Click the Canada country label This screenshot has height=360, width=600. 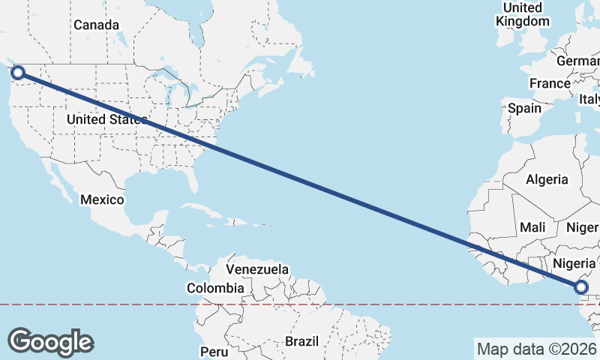(x=96, y=25)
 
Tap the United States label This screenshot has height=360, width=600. (x=106, y=119)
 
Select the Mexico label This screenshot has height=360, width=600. (x=102, y=199)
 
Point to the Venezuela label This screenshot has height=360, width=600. (x=257, y=268)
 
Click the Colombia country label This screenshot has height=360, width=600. (x=215, y=288)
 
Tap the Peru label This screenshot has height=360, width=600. (x=214, y=351)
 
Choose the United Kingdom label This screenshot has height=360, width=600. (x=523, y=14)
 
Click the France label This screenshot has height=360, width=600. (x=550, y=83)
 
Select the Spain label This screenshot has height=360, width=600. (x=524, y=108)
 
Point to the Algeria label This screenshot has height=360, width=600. (x=547, y=179)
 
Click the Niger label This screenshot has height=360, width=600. (x=582, y=226)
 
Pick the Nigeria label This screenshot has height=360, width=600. (x=574, y=263)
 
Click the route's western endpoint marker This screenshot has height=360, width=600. (x=18, y=73)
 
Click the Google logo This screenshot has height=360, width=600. (x=50, y=341)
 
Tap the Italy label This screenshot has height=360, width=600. (x=589, y=99)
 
